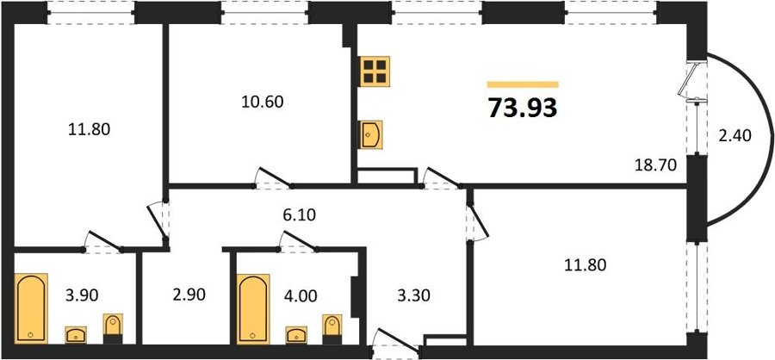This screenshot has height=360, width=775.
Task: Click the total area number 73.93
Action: click(x=523, y=108)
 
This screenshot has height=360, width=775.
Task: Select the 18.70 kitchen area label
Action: click(x=655, y=165)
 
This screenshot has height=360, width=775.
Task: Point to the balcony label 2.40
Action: click(x=735, y=135)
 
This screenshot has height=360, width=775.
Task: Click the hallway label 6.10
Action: click(x=299, y=215)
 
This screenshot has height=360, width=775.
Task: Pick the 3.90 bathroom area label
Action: click(x=82, y=295)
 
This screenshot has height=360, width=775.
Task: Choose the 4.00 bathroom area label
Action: click(x=300, y=295)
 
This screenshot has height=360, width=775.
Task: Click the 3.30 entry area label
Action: click(x=413, y=295)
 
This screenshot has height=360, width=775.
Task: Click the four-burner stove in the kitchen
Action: click(x=375, y=71)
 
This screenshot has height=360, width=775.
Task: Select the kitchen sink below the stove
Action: click(x=370, y=135)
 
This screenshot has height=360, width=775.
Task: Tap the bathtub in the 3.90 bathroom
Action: click(x=31, y=307)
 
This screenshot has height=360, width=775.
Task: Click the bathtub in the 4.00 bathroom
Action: click(x=253, y=308)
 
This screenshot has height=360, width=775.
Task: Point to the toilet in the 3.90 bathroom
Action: click(x=113, y=329)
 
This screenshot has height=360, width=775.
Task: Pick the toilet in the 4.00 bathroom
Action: click(x=332, y=329)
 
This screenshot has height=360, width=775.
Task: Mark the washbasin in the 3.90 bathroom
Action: click(x=76, y=335)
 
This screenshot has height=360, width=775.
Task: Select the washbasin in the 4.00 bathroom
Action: click(x=296, y=335)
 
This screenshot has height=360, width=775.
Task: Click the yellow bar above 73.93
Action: click(x=523, y=84)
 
